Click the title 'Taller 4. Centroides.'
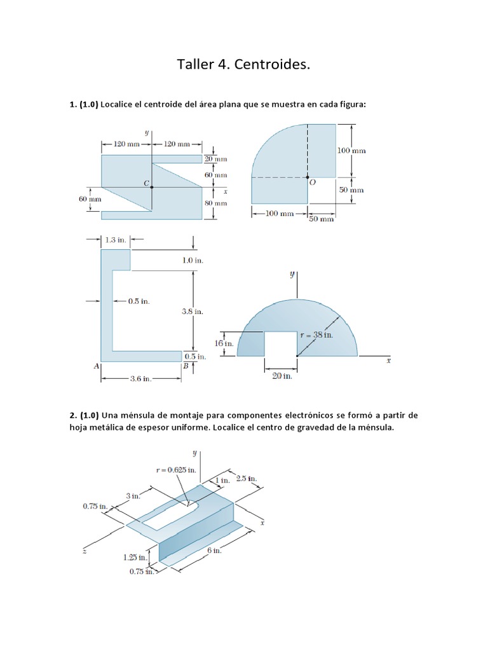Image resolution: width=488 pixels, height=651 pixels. pos(243,65)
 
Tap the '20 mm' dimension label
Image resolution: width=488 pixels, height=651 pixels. pos(215,159)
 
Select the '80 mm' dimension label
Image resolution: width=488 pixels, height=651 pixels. pos(215,203)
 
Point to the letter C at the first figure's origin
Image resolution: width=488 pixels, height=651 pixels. pos(146,183)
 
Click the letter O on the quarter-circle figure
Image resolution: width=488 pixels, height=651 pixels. pos(312,182)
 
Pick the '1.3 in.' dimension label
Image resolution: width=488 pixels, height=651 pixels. pos(116,240)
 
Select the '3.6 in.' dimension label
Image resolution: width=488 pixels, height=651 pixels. pos(140,379)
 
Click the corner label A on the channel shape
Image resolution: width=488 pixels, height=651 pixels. pos(96,366)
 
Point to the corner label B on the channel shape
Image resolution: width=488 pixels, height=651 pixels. pos(186,366)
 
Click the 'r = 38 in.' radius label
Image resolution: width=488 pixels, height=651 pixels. pos(316,334)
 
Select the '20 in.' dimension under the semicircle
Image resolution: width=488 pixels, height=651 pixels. pos(282,376)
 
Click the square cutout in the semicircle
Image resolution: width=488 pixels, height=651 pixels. pos(280,343)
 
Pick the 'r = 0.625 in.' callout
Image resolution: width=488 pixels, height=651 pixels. pos(176,470)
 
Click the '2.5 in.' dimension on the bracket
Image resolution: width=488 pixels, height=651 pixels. pos(246,478)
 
